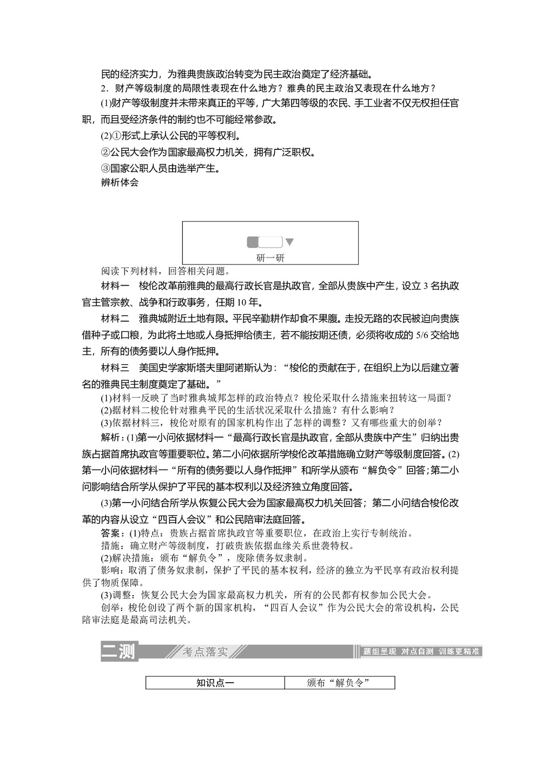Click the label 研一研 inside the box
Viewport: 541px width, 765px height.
[270, 258]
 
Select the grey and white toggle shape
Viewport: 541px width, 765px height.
[265, 242]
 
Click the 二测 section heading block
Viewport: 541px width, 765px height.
[118, 651]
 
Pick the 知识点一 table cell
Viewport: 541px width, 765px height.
[215, 683]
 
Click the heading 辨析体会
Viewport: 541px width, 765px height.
[120, 182]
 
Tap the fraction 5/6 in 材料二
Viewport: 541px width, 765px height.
[421, 336]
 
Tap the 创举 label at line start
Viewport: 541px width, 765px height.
[111, 608]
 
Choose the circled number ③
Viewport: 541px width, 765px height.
[105, 169]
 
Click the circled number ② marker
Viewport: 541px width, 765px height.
[105, 153]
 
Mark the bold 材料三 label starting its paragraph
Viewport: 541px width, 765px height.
[115, 368]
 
